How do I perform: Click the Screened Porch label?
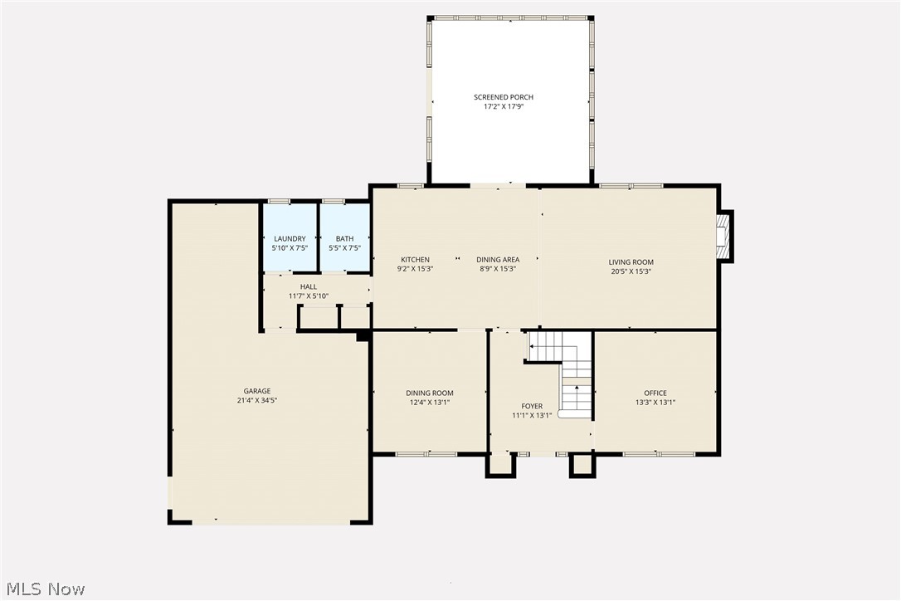coord(509,97)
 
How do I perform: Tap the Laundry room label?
coord(290,239)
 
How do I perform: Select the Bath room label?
coord(344,239)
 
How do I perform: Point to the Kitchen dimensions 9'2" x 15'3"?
coord(415,269)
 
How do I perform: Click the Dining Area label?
coord(498,260)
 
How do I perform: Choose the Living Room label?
coord(631,262)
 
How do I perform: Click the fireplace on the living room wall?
coord(724,237)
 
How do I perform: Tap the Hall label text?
coord(309,287)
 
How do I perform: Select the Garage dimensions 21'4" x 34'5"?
coord(257,401)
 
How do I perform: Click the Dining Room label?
coord(429,393)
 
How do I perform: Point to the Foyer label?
coord(532,407)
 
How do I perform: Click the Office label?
coord(655,393)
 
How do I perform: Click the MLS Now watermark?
coord(43,589)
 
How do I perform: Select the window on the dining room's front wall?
coord(426,454)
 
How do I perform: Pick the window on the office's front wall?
coord(660,454)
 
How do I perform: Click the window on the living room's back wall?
coord(631,185)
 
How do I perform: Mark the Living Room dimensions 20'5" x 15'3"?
coord(631,271)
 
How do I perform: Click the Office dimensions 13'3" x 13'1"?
coord(655,403)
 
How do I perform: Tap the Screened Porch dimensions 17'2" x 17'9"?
coord(509,106)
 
